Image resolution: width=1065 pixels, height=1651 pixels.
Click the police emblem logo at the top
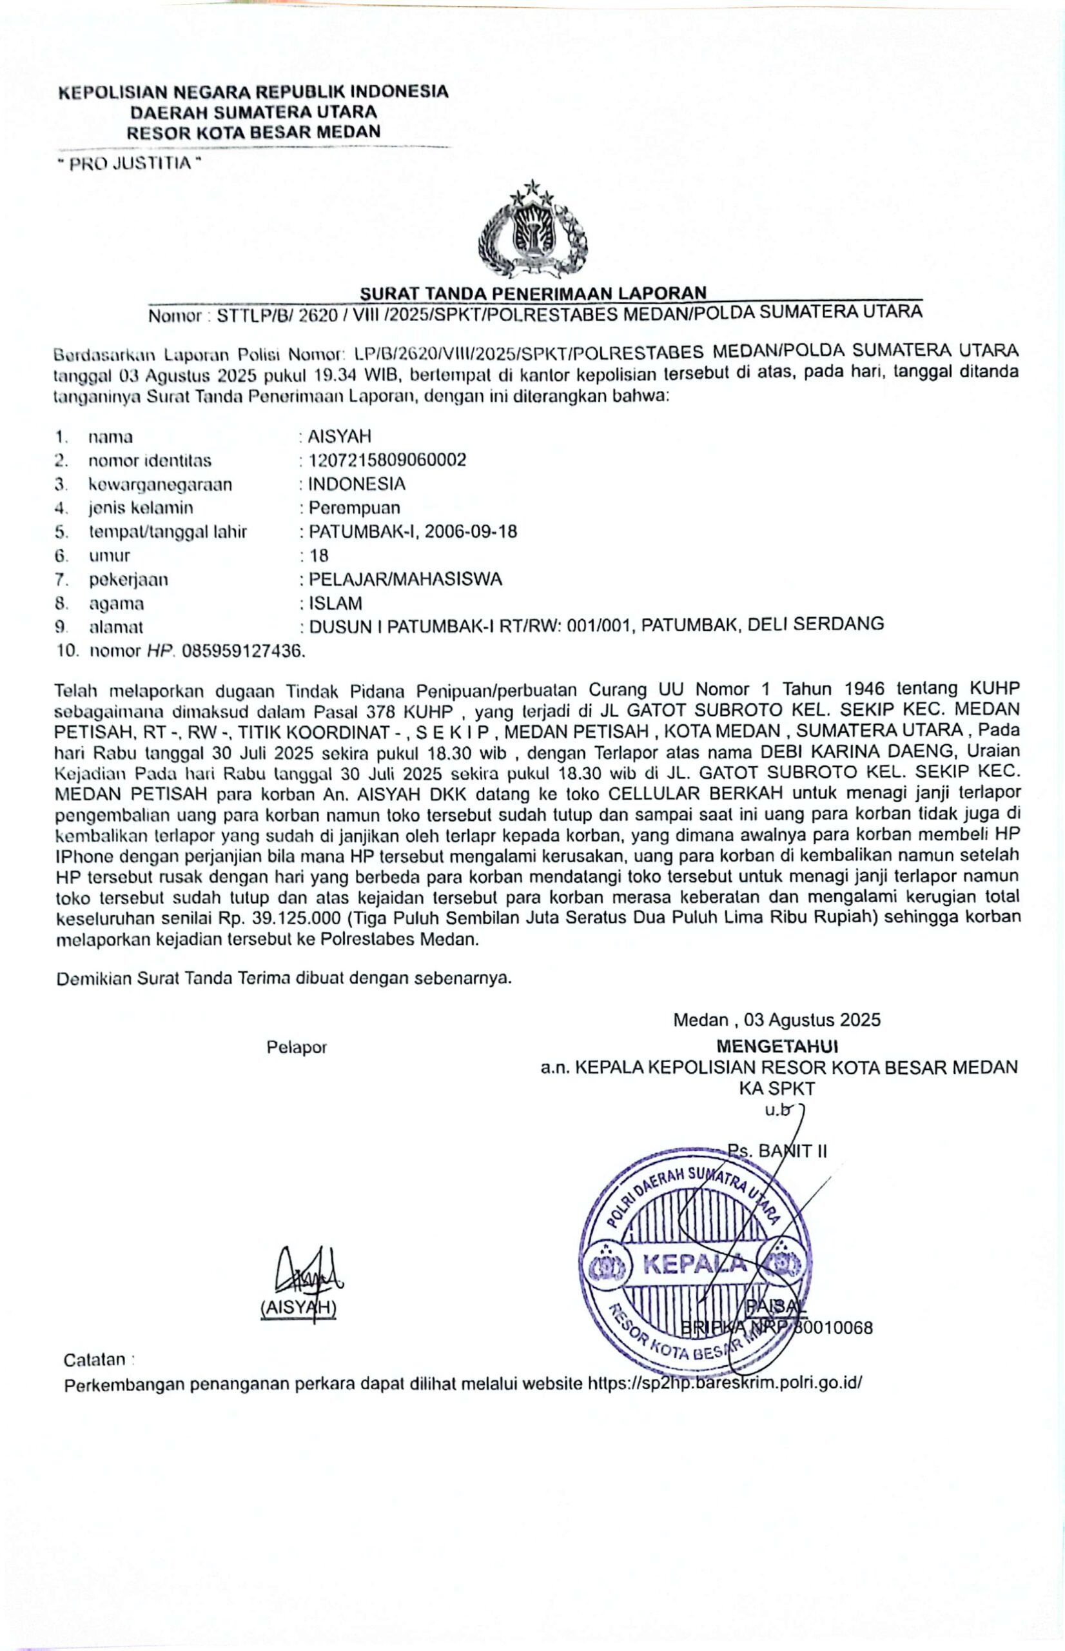coord(532,230)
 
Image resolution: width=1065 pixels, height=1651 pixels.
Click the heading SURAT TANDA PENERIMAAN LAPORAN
coord(532,293)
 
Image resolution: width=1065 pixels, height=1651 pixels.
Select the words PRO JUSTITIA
coord(130,164)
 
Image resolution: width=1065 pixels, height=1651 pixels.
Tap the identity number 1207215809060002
coord(387,460)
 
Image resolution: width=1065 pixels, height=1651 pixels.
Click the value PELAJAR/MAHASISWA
coord(405,579)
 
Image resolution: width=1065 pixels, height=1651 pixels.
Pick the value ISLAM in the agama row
coord(335,603)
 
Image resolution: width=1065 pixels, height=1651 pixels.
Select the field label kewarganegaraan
coord(160,484)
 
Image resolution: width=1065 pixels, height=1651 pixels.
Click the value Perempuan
coord(354,508)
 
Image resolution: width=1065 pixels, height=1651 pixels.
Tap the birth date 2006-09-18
coord(470,531)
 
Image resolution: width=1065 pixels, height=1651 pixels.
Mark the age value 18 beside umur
coord(319,555)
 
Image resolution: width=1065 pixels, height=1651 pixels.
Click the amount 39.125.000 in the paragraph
coord(302,918)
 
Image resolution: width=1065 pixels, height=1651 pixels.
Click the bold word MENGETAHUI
coord(777,1045)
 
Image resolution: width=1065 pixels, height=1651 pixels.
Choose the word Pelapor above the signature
coord(296,1047)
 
